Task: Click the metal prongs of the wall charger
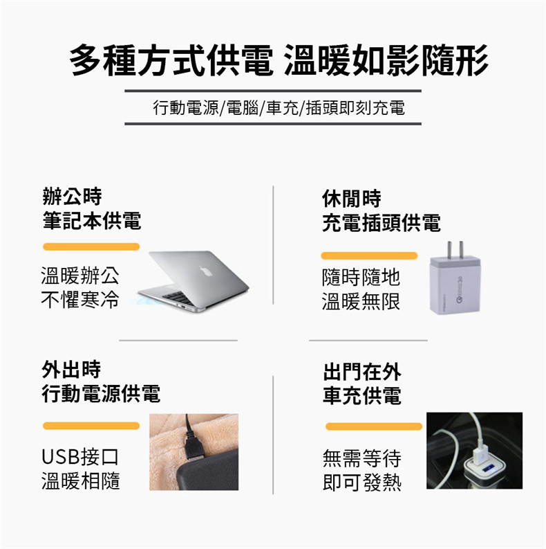click(x=456, y=249)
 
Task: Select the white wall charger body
click(x=455, y=285)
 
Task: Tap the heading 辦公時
click(x=72, y=196)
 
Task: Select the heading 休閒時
click(x=351, y=199)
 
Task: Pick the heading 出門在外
click(x=361, y=372)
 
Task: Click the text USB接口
click(x=80, y=456)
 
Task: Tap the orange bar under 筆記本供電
click(x=91, y=247)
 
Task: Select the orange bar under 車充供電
click(x=374, y=426)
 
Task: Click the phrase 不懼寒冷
click(x=80, y=300)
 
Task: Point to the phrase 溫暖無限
click(x=361, y=302)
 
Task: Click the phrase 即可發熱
click(x=361, y=482)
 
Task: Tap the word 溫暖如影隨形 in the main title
click(x=386, y=60)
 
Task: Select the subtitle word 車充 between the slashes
click(x=283, y=107)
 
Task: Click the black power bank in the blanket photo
click(x=207, y=470)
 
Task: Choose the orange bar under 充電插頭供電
click(x=369, y=255)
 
